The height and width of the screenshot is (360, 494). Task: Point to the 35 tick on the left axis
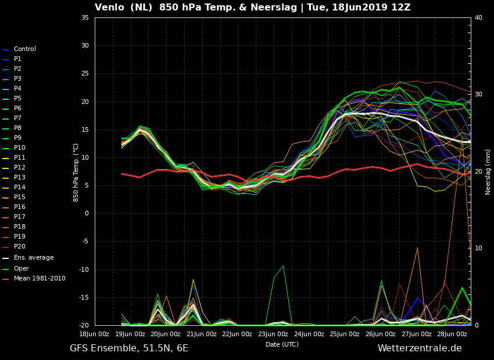(85, 18)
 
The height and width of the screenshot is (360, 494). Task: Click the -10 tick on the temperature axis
(84, 269)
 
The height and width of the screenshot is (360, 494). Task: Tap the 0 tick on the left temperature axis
(87, 214)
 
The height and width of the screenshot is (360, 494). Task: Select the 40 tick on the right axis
(478, 18)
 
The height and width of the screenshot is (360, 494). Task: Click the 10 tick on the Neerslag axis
(478, 249)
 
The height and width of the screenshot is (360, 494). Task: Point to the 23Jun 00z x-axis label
(273, 334)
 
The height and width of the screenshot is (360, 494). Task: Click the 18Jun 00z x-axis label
(94, 334)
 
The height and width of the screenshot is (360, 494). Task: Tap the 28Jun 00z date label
(452, 334)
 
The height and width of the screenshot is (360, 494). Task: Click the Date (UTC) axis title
(282, 345)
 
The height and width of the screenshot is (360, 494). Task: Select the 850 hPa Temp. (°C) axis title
(76, 173)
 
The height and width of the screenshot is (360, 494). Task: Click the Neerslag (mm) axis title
(488, 172)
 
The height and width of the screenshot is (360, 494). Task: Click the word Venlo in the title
(109, 8)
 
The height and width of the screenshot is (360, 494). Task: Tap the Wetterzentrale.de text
(420, 348)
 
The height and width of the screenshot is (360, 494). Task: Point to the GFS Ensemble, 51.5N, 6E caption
(129, 348)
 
